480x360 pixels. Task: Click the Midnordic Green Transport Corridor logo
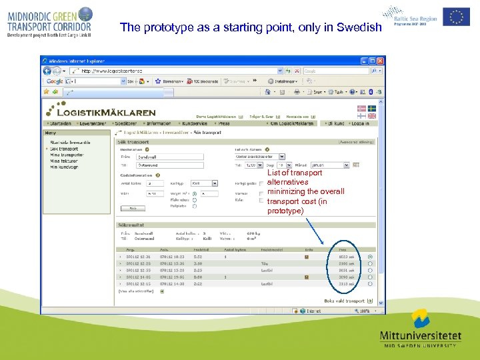coord(50,21)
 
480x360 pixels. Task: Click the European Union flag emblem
coord(456,16)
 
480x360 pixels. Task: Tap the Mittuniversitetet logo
coord(419,329)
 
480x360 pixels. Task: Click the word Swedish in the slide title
coord(361,28)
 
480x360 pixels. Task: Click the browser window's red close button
coord(381,61)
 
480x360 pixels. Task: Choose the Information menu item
coord(158,123)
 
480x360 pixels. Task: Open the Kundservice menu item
coord(195,123)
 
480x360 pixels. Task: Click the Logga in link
coord(359,123)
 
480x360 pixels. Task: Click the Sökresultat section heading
coord(132,225)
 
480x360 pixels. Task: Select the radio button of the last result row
coord(370,284)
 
